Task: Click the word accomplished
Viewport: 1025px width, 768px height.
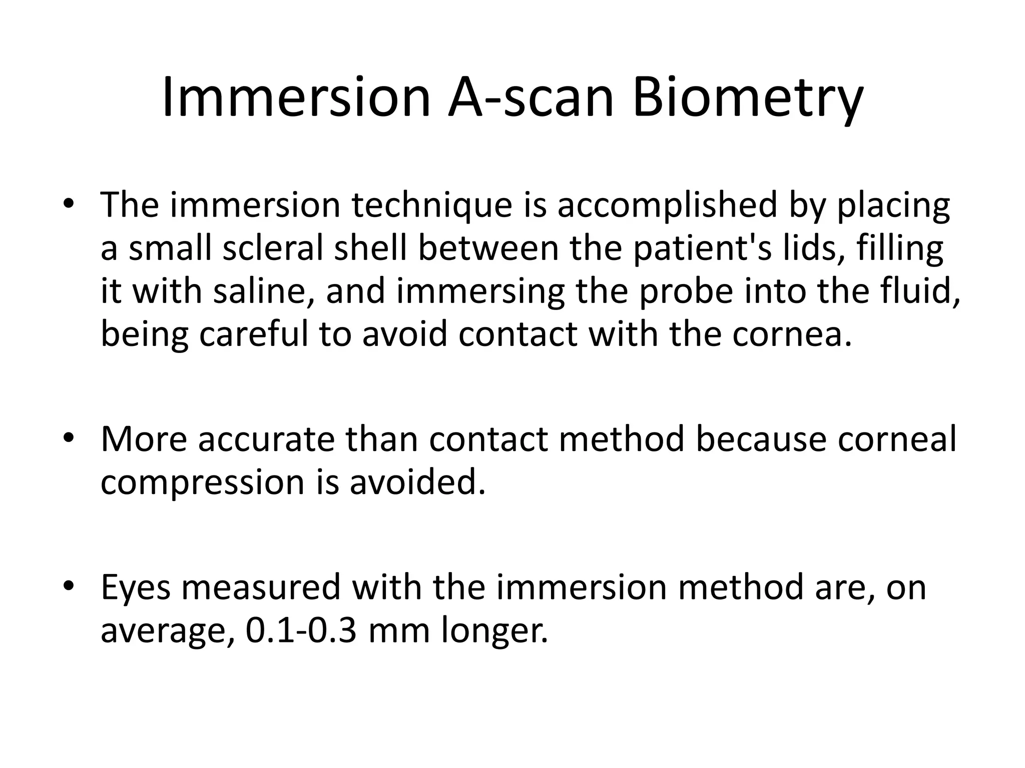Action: click(667, 206)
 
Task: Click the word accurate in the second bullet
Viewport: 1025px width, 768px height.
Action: click(266, 439)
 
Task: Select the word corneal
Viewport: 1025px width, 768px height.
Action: click(896, 439)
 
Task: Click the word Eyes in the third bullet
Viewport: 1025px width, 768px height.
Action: click(135, 588)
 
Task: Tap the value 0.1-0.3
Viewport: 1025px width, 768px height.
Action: click(301, 630)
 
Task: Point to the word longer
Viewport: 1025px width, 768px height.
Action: click(494, 631)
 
